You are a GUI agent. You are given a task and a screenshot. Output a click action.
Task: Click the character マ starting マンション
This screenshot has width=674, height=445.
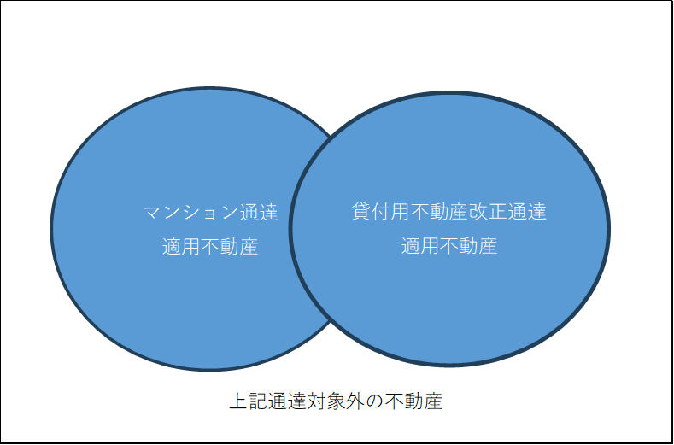[152, 213]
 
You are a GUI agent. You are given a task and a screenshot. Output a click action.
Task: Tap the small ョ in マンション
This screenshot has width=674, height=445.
[209, 214]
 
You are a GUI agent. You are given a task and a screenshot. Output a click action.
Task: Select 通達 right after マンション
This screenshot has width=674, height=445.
[259, 213]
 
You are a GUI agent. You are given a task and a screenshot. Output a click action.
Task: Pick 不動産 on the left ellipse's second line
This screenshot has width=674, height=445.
[229, 247]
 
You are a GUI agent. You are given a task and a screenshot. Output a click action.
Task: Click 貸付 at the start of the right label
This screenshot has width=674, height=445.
[372, 212]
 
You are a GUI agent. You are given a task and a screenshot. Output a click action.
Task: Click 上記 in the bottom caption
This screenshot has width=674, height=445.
[249, 401]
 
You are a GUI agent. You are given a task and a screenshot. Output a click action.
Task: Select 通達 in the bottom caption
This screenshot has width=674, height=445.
[288, 401]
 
